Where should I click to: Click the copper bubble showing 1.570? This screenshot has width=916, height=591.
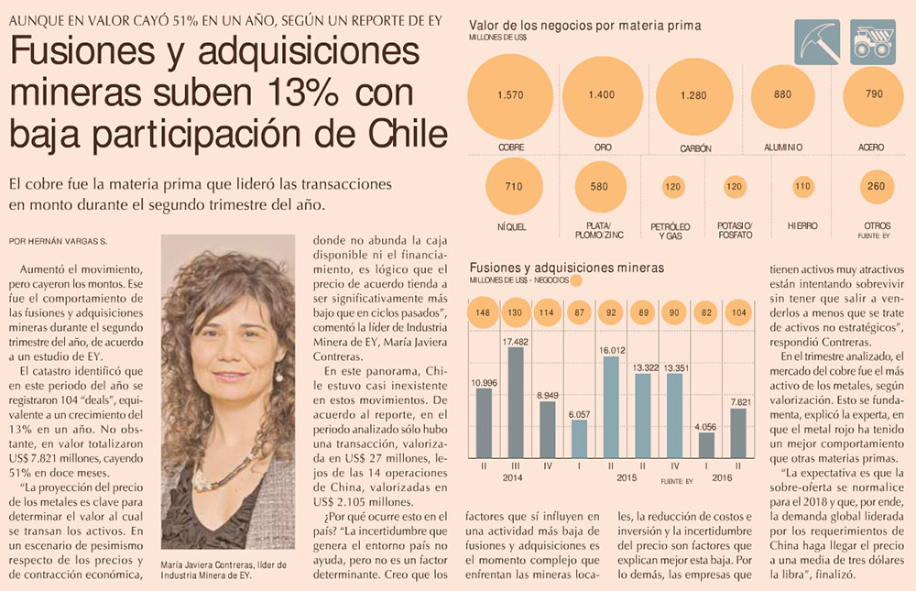(510, 94)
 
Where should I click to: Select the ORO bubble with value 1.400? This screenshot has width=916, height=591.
(602, 94)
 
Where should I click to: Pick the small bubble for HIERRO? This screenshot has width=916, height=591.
(803, 186)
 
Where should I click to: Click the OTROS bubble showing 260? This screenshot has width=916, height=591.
(876, 186)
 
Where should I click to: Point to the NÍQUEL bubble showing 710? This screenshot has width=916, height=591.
(513, 187)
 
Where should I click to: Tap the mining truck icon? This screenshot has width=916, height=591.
(872, 42)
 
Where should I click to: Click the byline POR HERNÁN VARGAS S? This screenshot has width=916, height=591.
(58, 241)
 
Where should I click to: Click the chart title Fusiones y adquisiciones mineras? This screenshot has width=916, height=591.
(567, 268)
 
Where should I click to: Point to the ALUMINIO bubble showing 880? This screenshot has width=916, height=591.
(782, 94)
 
